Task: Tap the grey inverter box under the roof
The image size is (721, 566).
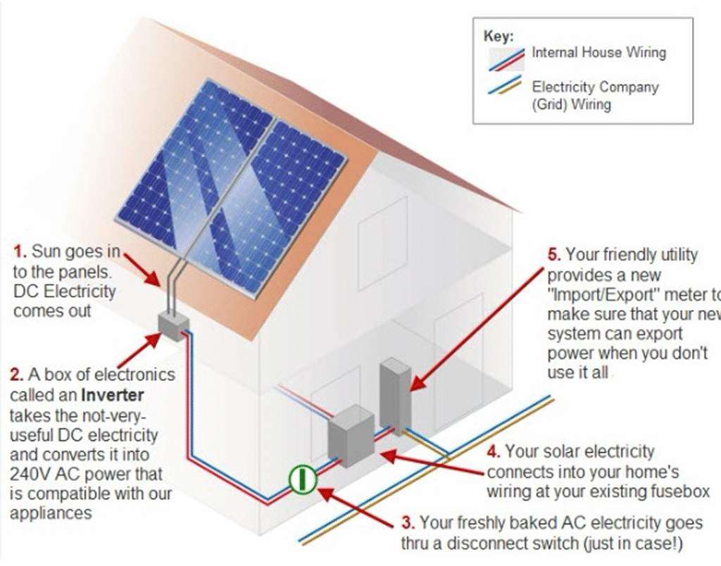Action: [x=171, y=325]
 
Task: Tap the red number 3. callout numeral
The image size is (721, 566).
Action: [x=408, y=523]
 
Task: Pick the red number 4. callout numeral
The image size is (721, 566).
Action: [x=493, y=451]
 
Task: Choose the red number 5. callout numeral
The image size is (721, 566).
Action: [x=554, y=255]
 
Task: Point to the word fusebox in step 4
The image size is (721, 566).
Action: [x=677, y=490]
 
